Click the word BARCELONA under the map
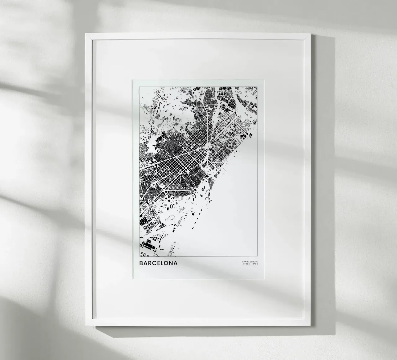click(x=158, y=263)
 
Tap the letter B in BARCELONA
click(x=141, y=263)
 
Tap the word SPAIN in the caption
click(x=246, y=262)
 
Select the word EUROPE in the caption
click(x=253, y=262)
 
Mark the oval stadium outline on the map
click(x=171, y=206)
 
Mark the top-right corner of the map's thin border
click(x=257, y=87)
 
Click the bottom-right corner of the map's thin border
click(x=257, y=257)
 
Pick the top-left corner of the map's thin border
click(x=139, y=87)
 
